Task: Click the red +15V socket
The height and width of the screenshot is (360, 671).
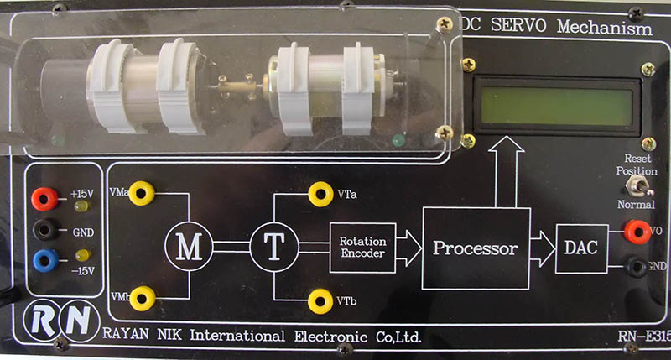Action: click(44, 198)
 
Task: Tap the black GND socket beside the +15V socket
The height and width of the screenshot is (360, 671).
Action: click(44, 230)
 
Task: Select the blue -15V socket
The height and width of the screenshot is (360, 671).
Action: click(44, 260)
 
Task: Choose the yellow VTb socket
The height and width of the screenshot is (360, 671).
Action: click(320, 300)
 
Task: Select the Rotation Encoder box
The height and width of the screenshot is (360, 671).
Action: click(362, 248)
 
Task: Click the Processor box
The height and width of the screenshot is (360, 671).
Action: click(475, 248)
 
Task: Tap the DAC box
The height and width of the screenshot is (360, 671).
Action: click(581, 249)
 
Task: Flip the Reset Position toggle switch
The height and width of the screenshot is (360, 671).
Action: click(646, 183)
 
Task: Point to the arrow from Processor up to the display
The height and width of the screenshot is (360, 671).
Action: click(506, 168)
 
